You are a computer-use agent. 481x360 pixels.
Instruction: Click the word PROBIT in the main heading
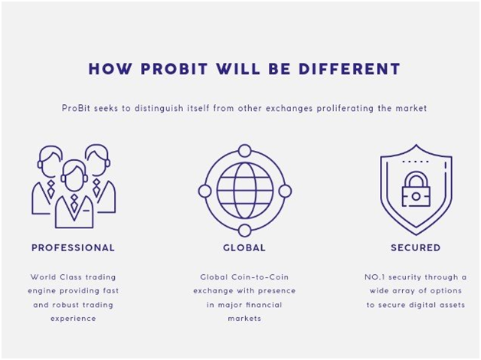pyautogui.click(x=174, y=69)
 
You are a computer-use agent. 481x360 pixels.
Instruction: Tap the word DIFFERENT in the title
pyautogui.click(x=349, y=69)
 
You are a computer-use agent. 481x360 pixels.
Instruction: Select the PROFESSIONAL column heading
pyautogui.click(x=73, y=247)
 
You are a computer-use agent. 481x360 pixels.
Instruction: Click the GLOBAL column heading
pyautogui.click(x=244, y=247)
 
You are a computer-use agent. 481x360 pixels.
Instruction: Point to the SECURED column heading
pyautogui.click(x=416, y=247)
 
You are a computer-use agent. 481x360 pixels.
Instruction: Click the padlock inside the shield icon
pyautogui.click(x=416, y=189)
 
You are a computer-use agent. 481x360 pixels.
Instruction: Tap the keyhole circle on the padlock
pyautogui.click(x=416, y=196)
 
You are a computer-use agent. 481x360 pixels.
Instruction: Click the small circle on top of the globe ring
pyautogui.click(x=244, y=151)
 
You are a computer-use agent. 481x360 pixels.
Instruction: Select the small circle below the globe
pyautogui.click(x=244, y=231)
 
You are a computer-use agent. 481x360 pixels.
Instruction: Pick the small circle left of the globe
pyautogui.click(x=205, y=191)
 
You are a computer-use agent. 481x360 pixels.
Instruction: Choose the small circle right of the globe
pyautogui.click(x=285, y=191)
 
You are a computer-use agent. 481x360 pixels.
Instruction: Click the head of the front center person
pyautogui.click(x=74, y=175)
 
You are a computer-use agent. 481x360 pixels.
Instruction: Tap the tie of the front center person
pyautogui.click(x=74, y=203)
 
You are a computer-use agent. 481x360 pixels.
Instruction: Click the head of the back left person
pyautogui.click(x=51, y=161)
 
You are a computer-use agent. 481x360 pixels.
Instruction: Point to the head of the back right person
pyautogui.click(x=97, y=159)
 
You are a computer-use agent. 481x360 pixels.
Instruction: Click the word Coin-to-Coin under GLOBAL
pyautogui.click(x=260, y=277)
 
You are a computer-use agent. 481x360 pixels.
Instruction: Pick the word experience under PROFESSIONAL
pyautogui.click(x=74, y=319)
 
